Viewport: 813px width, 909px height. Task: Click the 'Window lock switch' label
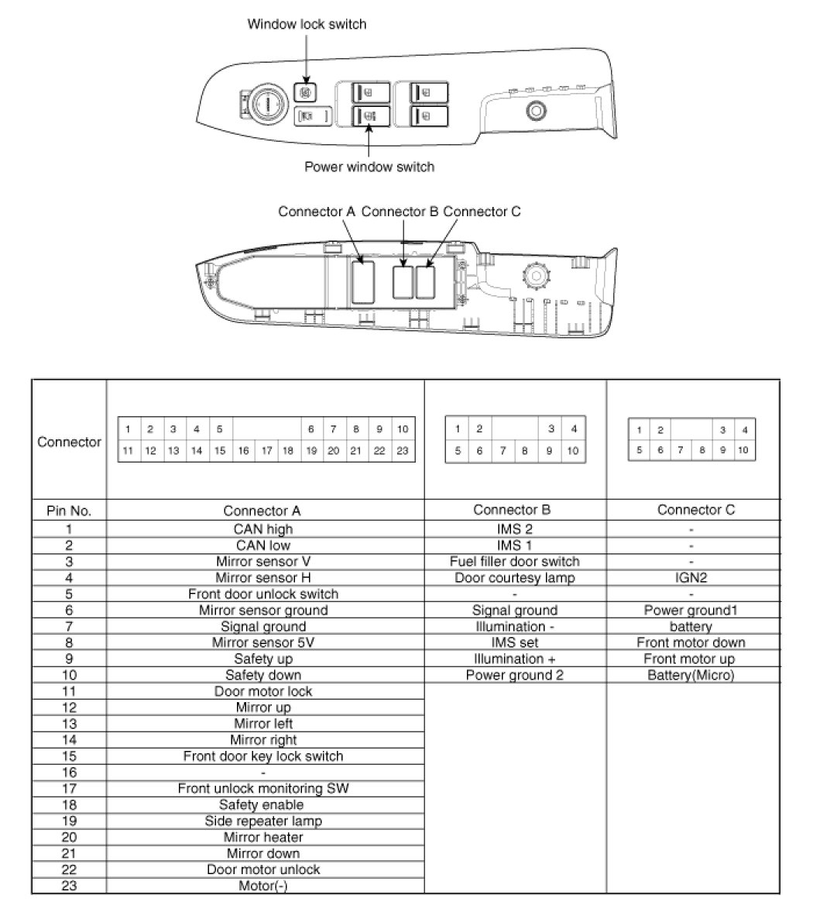[x=307, y=24]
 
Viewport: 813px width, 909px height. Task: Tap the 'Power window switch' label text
[x=369, y=167]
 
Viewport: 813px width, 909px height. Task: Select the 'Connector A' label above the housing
[x=317, y=212]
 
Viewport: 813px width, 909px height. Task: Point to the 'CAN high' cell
[x=263, y=529]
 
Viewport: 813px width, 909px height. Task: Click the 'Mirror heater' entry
[x=263, y=837]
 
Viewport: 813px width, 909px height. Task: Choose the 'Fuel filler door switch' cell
[x=514, y=561]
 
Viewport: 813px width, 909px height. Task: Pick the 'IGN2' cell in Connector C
[x=691, y=577]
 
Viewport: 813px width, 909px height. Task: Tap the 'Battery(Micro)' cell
[x=691, y=675]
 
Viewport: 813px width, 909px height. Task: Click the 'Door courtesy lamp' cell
[x=514, y=577]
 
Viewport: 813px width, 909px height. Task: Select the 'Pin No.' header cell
[x=69, y=511]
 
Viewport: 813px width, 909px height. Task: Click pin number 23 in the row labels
[x=69, y=886]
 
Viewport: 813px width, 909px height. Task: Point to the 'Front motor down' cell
[x=691, y=642]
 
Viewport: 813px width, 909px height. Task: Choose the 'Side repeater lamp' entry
[x=263, y=821]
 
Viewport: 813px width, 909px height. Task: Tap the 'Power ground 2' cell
[x=514, y=675]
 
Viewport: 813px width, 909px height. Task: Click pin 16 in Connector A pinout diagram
[x=242, y=450]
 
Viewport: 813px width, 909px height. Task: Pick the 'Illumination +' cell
[x=514, y=659]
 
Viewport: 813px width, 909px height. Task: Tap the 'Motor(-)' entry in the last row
[x=263, y=886]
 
